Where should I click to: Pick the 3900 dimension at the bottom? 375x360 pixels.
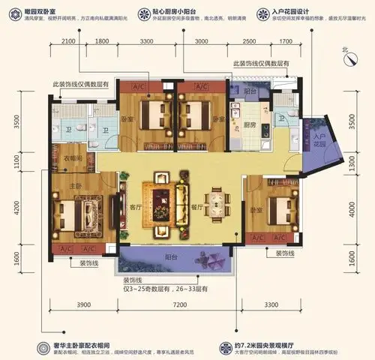(x=83, y=305)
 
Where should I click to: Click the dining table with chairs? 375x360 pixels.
(x=217, y=202)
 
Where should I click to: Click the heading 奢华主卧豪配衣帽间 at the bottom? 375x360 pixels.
(x=79, y=327)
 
